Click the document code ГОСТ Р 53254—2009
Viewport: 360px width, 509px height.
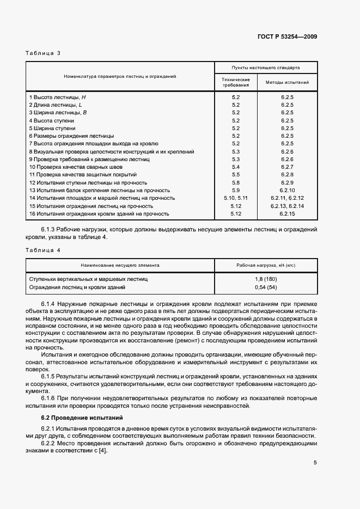[x=286, y=37]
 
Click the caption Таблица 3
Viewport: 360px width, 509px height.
[x=43, y=53]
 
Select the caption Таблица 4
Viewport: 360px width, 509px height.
[x=43, y=249]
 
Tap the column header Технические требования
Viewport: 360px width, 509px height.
[x=236, y=82]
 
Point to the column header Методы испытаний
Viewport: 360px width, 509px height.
[x=287, y=83]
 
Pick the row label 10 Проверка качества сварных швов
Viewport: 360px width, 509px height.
[x=76, y=167]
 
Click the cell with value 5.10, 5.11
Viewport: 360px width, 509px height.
[x=236, y=198]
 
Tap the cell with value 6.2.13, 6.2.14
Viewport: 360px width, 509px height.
[x=287, y=206]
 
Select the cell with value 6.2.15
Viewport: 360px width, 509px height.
[x=287, y=214]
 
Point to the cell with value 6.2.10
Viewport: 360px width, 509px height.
[x=287, y=191]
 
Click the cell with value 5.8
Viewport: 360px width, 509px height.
[x=236, y=182]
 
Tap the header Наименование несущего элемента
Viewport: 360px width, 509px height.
[x=120, y=265]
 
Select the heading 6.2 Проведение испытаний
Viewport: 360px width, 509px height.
[x=82, y=418]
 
